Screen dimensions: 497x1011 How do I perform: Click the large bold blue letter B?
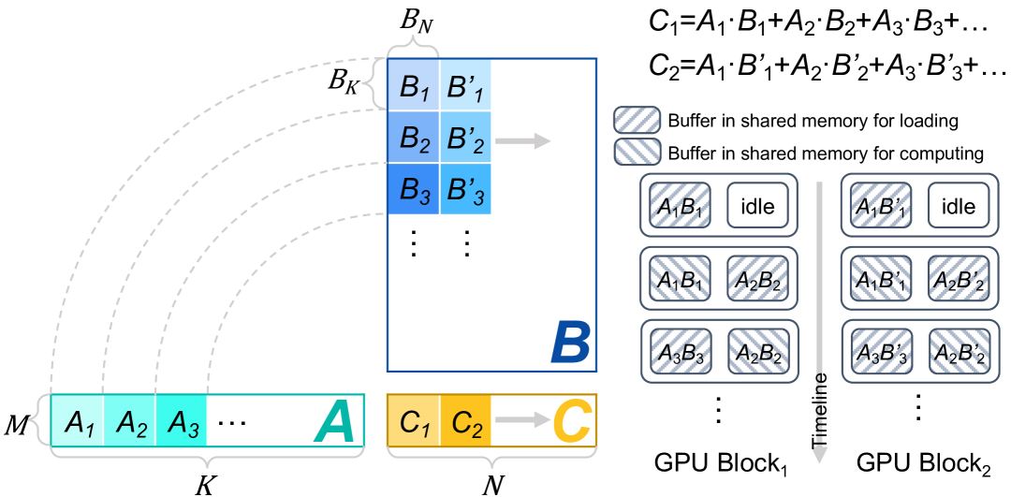568,344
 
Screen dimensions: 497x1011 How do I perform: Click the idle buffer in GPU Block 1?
756,206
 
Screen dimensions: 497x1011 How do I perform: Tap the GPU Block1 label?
718,463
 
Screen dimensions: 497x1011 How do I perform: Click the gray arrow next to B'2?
522,140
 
